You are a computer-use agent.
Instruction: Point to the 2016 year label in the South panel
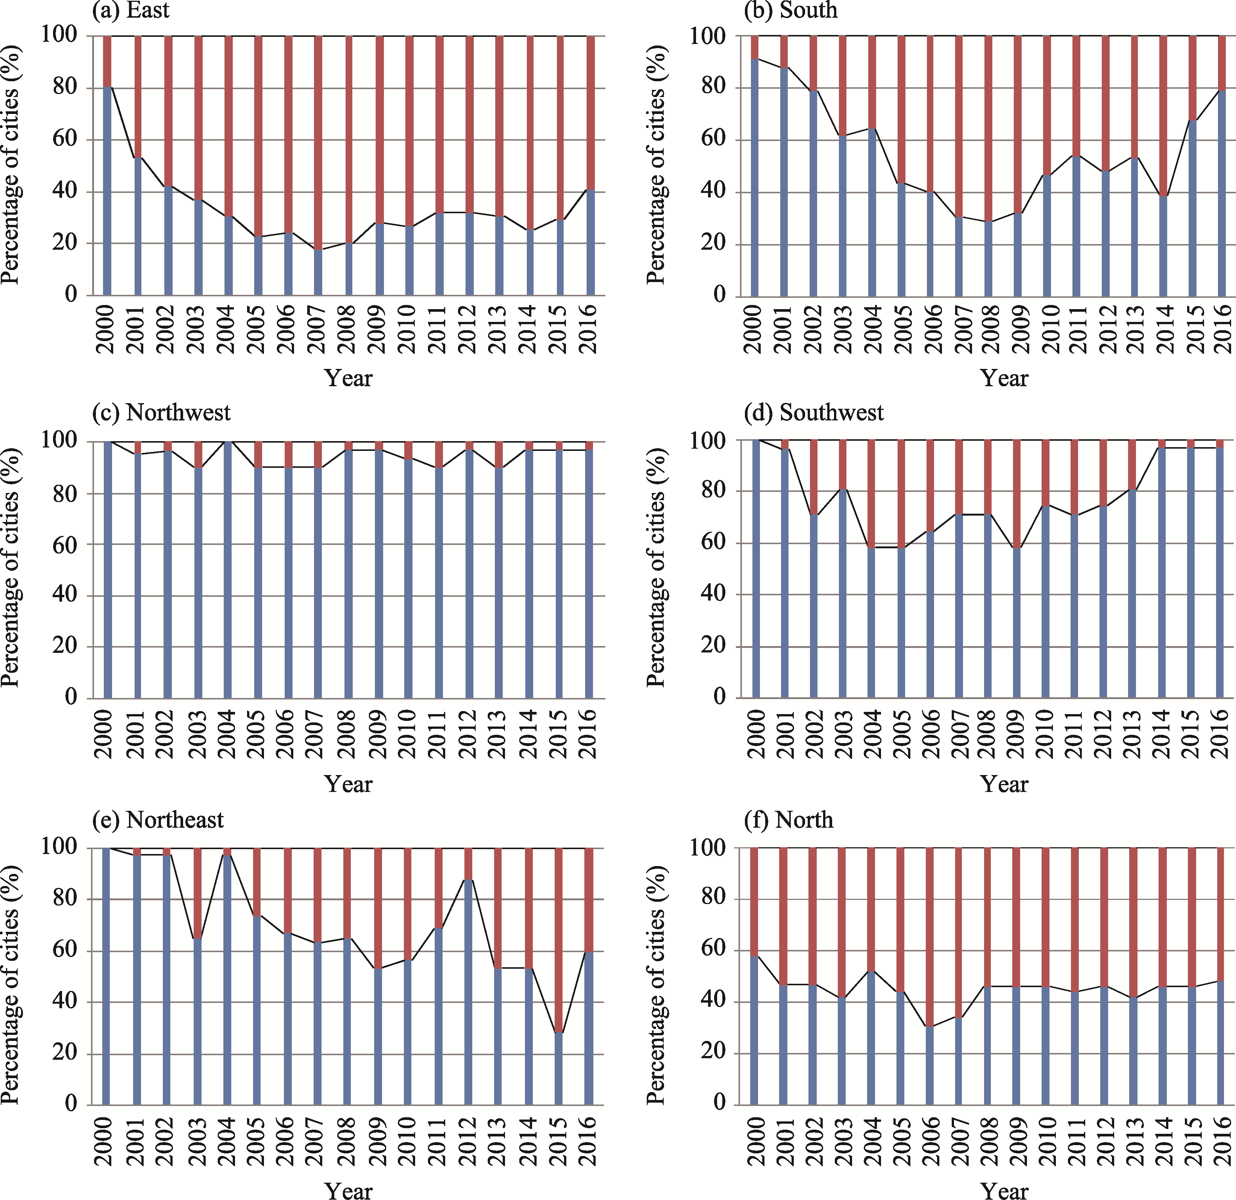(x=1222, y=329)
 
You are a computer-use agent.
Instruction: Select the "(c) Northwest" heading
(x=161, y=413)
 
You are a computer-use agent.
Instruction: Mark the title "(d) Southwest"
(x=813, y=413)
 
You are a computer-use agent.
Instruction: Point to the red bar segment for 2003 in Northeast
(x=197, y=893)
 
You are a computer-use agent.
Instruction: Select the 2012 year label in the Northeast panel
(x=467, y=1141)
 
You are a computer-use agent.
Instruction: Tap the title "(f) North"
(x=788, y=820)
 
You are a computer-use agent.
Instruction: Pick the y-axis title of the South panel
(x=656, y=165)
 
